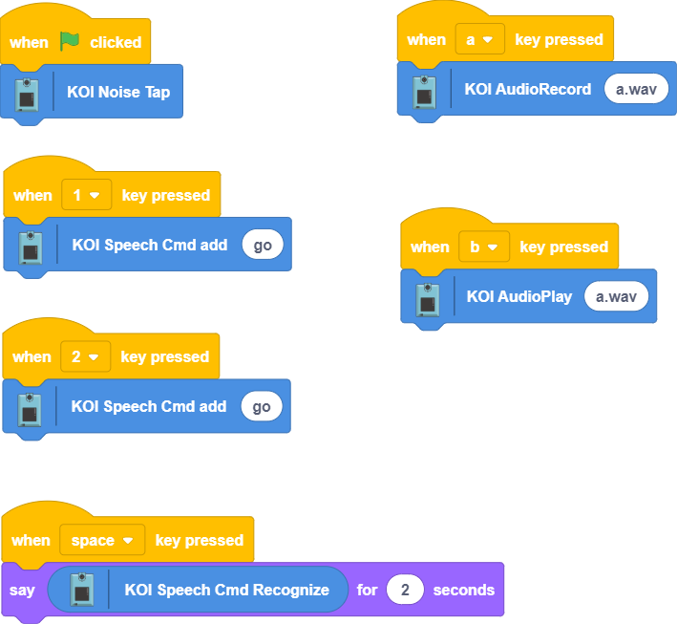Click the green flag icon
tap(70, 41)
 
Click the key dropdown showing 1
tap(86, 195)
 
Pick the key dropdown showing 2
tap(85, 356)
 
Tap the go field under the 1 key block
tap(263, 245)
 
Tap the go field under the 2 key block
tap(262, 406)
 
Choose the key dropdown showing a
tap(479, 39)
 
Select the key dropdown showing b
tap(484, 247)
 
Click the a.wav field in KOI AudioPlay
tap(615, 296)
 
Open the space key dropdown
tap(102, 540)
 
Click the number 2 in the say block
tap(405, 590)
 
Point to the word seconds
tap(463, 590)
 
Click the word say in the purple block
tap(22, 590)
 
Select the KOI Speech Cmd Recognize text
tap(226, 590)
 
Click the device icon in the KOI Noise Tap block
tap(28, 95)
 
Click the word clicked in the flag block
tap(116, 42)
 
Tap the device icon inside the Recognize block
tap(83, 591)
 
